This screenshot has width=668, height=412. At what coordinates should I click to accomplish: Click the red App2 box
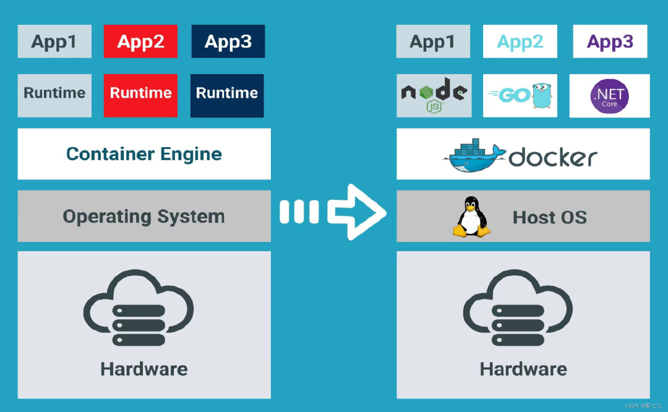140,41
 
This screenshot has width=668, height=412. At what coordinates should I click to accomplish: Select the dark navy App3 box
228,41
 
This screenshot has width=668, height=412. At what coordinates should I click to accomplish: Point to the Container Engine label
144,154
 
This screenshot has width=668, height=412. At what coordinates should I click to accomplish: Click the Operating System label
144,217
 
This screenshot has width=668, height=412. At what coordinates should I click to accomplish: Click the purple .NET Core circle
609,96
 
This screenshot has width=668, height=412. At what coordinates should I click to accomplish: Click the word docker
553,157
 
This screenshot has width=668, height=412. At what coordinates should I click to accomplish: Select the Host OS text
549,217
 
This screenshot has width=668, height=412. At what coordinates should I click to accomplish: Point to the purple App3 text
610,41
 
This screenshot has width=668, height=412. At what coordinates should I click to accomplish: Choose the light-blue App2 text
520,41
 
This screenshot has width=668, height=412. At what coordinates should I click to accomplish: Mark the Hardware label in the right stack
523,369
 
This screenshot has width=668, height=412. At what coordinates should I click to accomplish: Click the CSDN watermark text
643,406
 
